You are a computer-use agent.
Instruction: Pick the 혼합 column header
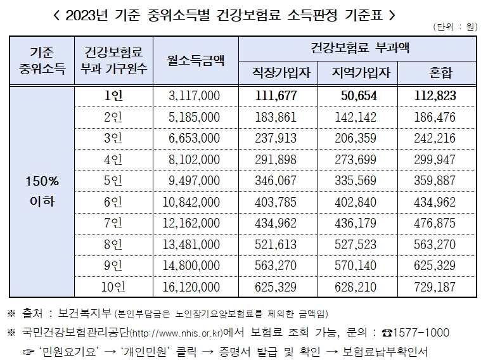[x=437, y=74]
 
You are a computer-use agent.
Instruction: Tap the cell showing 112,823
[x=437, y=96]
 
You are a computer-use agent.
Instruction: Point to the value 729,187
[x=437, y=287]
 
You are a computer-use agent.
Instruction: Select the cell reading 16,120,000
[x=194, y=287]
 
